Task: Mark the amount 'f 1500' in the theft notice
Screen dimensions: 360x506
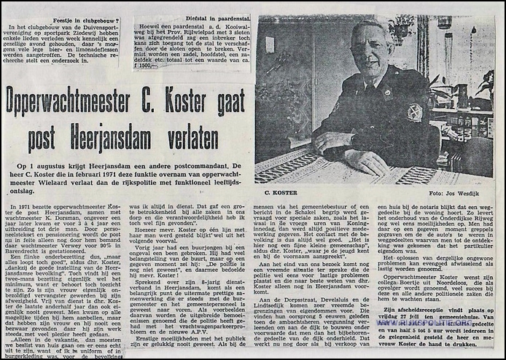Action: pyautogui.click(x=167, y=66)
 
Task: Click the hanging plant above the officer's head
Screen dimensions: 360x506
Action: pyautogui.click(x=400, y=29)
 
